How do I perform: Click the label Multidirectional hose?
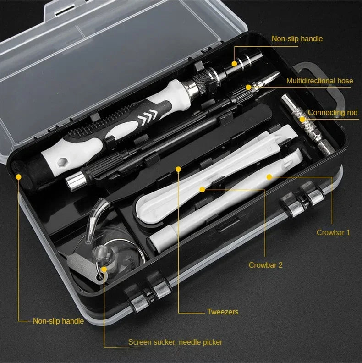point(319,81)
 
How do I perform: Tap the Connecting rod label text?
point(332,113)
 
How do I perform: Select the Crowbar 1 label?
point(333,232)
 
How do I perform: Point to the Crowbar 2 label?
point(265,265)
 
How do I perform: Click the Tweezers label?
point(223,312)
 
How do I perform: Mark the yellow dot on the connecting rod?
point(302,120)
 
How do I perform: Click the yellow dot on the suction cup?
point(104,269)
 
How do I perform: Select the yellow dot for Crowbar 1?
point(269,176)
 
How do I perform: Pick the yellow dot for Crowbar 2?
point(202,188)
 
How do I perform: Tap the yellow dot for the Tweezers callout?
point(178,169)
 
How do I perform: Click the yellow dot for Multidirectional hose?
point(248,87)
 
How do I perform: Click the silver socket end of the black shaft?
point(73,182)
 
